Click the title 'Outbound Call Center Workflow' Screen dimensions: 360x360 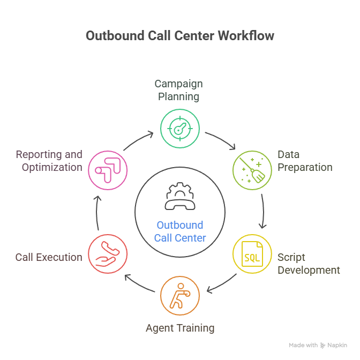180,36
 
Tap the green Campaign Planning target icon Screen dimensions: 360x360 180,128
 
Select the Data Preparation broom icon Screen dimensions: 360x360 252,170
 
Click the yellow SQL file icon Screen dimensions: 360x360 252,253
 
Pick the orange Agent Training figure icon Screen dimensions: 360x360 180,295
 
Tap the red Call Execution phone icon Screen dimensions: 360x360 108,253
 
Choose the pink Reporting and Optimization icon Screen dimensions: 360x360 108,170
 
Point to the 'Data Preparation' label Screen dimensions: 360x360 305,161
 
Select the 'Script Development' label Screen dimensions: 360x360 308,264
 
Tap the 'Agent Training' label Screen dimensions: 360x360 180,327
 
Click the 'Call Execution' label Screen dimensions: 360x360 49,257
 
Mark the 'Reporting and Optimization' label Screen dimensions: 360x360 49,161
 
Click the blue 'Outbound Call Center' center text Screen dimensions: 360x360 180,231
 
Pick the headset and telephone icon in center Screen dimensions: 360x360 180,197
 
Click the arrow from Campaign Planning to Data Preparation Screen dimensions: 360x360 221,140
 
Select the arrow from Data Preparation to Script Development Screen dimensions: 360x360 262,212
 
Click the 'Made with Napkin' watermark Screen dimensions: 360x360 318,346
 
